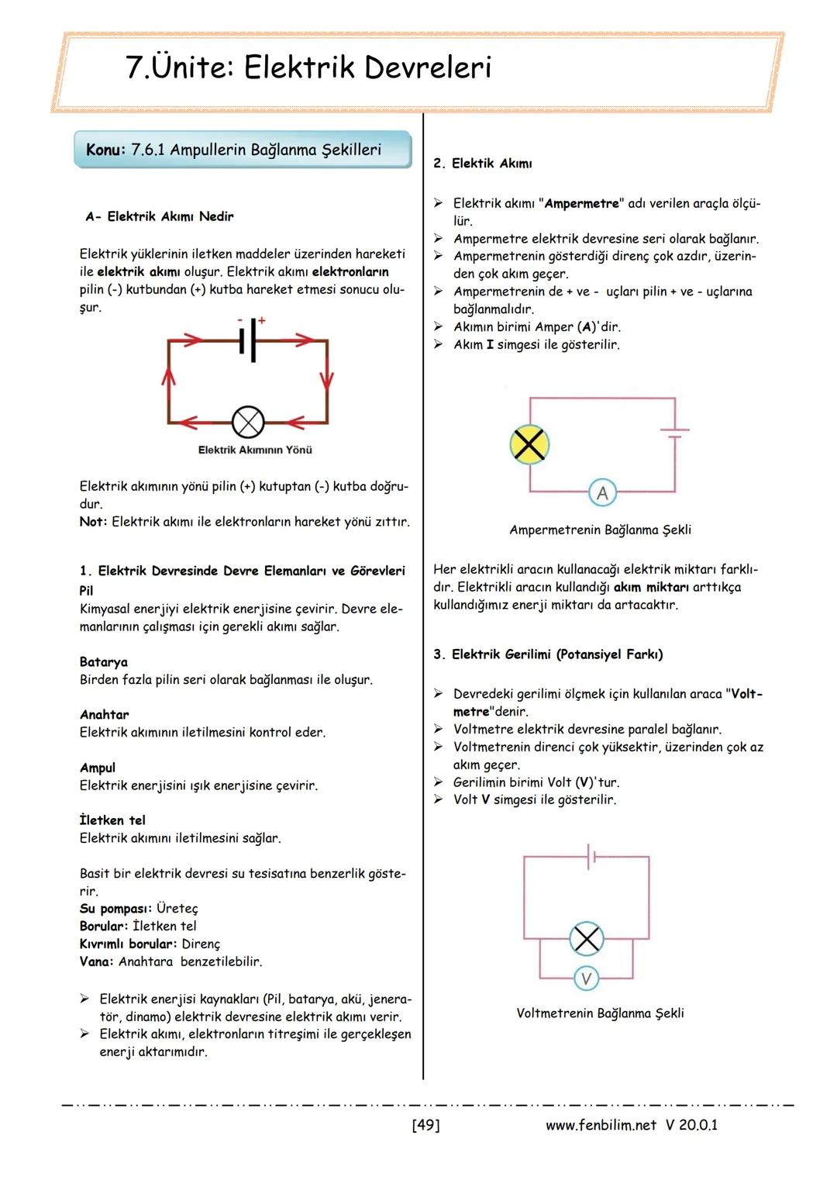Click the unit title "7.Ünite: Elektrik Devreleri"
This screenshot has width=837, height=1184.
pos(308,68)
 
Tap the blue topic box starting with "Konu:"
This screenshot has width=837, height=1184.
pos(242,150)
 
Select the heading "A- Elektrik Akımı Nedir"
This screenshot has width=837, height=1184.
pos(159,216)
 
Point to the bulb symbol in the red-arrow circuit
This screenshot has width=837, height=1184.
pos(248,423)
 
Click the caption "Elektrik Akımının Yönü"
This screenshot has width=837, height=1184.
pos(255,450)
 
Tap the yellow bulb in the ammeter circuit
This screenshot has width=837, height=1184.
pos(529,445)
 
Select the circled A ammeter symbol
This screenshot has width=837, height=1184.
pos(602,492)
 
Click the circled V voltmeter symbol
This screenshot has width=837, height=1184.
pos(586,979)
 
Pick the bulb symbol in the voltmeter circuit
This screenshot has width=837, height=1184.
pos(587,940)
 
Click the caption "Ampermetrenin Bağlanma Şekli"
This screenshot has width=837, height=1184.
pos(600,530)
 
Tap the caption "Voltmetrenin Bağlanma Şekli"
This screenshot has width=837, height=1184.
pos(600,1013)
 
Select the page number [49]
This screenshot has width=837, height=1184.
pos(425,1125)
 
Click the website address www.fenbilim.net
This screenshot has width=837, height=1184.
pos(601,1125)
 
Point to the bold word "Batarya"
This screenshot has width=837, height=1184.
pos(104,662)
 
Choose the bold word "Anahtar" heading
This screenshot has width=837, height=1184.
pos(105,715)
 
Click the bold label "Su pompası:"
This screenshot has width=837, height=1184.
pos(115,908)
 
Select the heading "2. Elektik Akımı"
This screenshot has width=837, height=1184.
pos(482,164)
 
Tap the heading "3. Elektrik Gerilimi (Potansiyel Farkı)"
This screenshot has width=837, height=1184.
pos(547,654)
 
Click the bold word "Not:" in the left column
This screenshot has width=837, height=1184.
pos(93,522)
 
